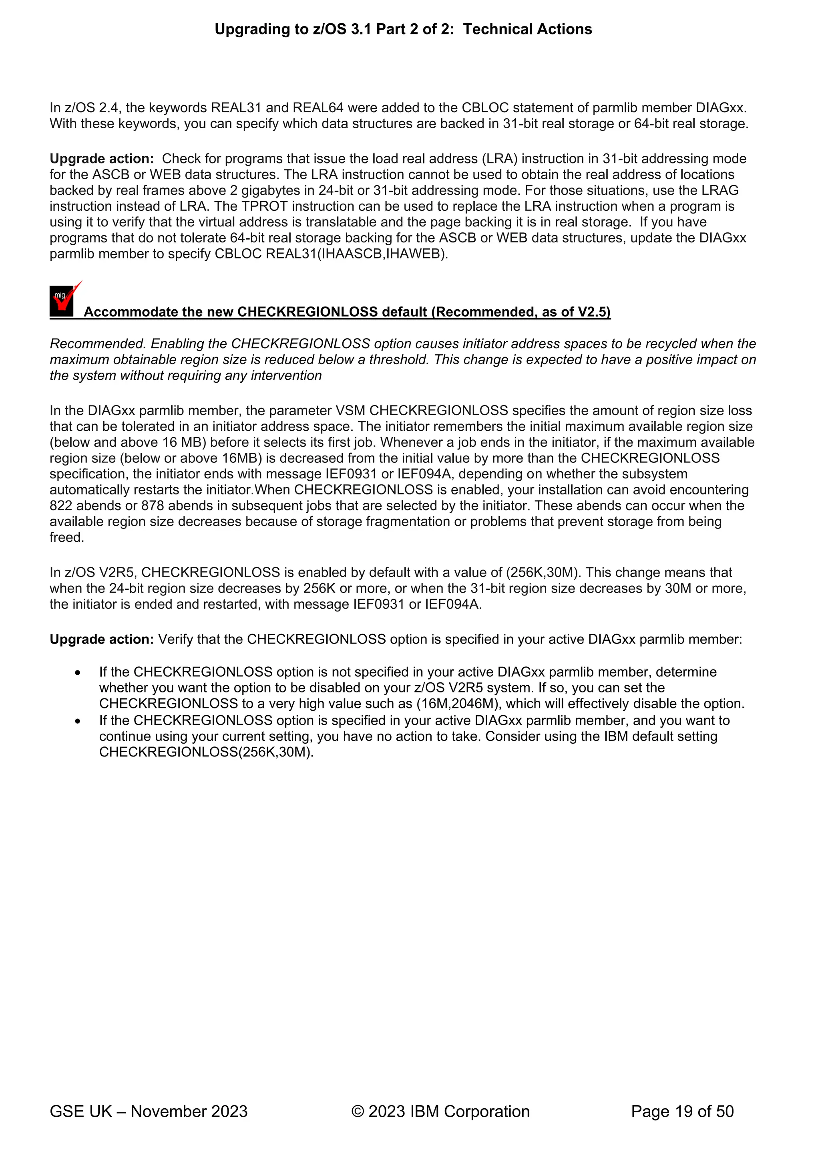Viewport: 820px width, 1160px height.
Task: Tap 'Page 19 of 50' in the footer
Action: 682,1111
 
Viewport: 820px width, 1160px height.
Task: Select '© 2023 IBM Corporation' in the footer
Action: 440,1111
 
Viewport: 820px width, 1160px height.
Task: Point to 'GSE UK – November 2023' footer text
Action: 149,1111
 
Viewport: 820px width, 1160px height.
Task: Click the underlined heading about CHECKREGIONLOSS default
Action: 347,312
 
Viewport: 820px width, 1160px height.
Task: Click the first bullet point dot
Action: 77,672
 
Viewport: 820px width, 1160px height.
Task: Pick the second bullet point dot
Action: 77,721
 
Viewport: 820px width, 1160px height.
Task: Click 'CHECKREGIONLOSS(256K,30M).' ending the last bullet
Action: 206,752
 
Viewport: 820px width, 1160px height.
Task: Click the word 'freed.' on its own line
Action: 66,538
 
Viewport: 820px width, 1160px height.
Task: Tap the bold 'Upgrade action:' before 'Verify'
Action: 101,639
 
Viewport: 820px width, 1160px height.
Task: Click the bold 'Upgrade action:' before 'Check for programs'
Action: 101,159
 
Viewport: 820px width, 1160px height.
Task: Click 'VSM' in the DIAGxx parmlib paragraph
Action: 350,411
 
